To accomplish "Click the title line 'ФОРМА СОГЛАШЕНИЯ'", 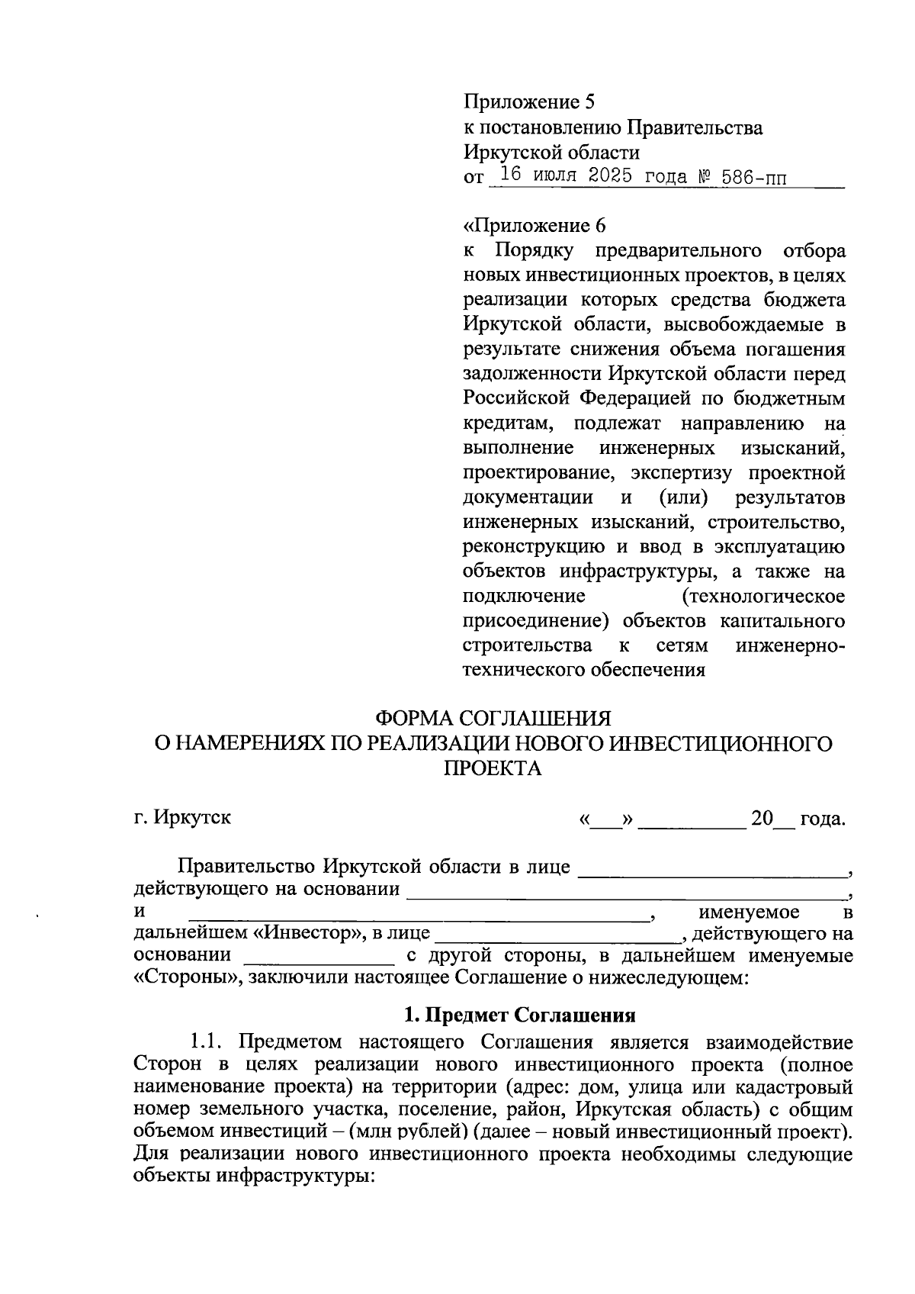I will coord(492,718).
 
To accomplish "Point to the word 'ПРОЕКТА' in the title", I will coord(492,768).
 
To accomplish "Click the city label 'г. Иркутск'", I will coord(181,818).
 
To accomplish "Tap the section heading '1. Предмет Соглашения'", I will coord(519,1015).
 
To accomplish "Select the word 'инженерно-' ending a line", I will coord(790,645).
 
